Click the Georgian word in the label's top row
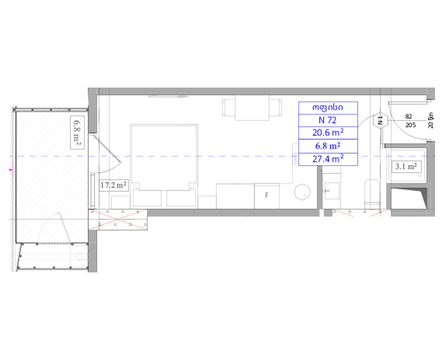(328, 107)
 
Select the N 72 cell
(328, 120)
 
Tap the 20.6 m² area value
(328, 133)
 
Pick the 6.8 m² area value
(328, 146)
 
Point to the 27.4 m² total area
(328, 158)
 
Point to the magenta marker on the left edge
(11, 169)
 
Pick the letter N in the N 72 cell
(321, 120)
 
